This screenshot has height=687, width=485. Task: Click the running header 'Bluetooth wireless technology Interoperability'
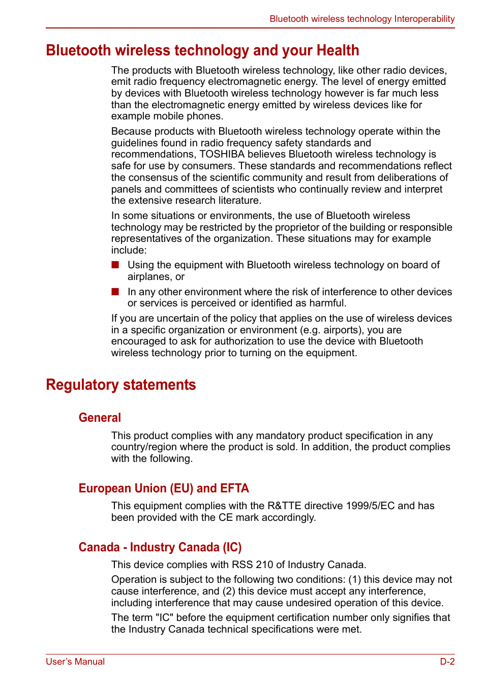362,19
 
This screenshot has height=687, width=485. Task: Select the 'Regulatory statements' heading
120,385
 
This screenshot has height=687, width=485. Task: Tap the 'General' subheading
100,418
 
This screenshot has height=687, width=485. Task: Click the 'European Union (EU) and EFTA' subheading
164,488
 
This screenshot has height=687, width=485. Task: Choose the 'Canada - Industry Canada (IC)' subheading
160,547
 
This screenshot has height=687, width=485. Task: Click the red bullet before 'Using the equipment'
115,265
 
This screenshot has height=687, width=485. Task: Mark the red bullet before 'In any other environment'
115,292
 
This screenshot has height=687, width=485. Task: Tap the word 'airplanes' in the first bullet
149,277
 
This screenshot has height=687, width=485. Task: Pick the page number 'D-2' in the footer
447,662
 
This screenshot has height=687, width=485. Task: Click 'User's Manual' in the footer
75,662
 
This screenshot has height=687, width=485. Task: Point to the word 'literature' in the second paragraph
239,201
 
